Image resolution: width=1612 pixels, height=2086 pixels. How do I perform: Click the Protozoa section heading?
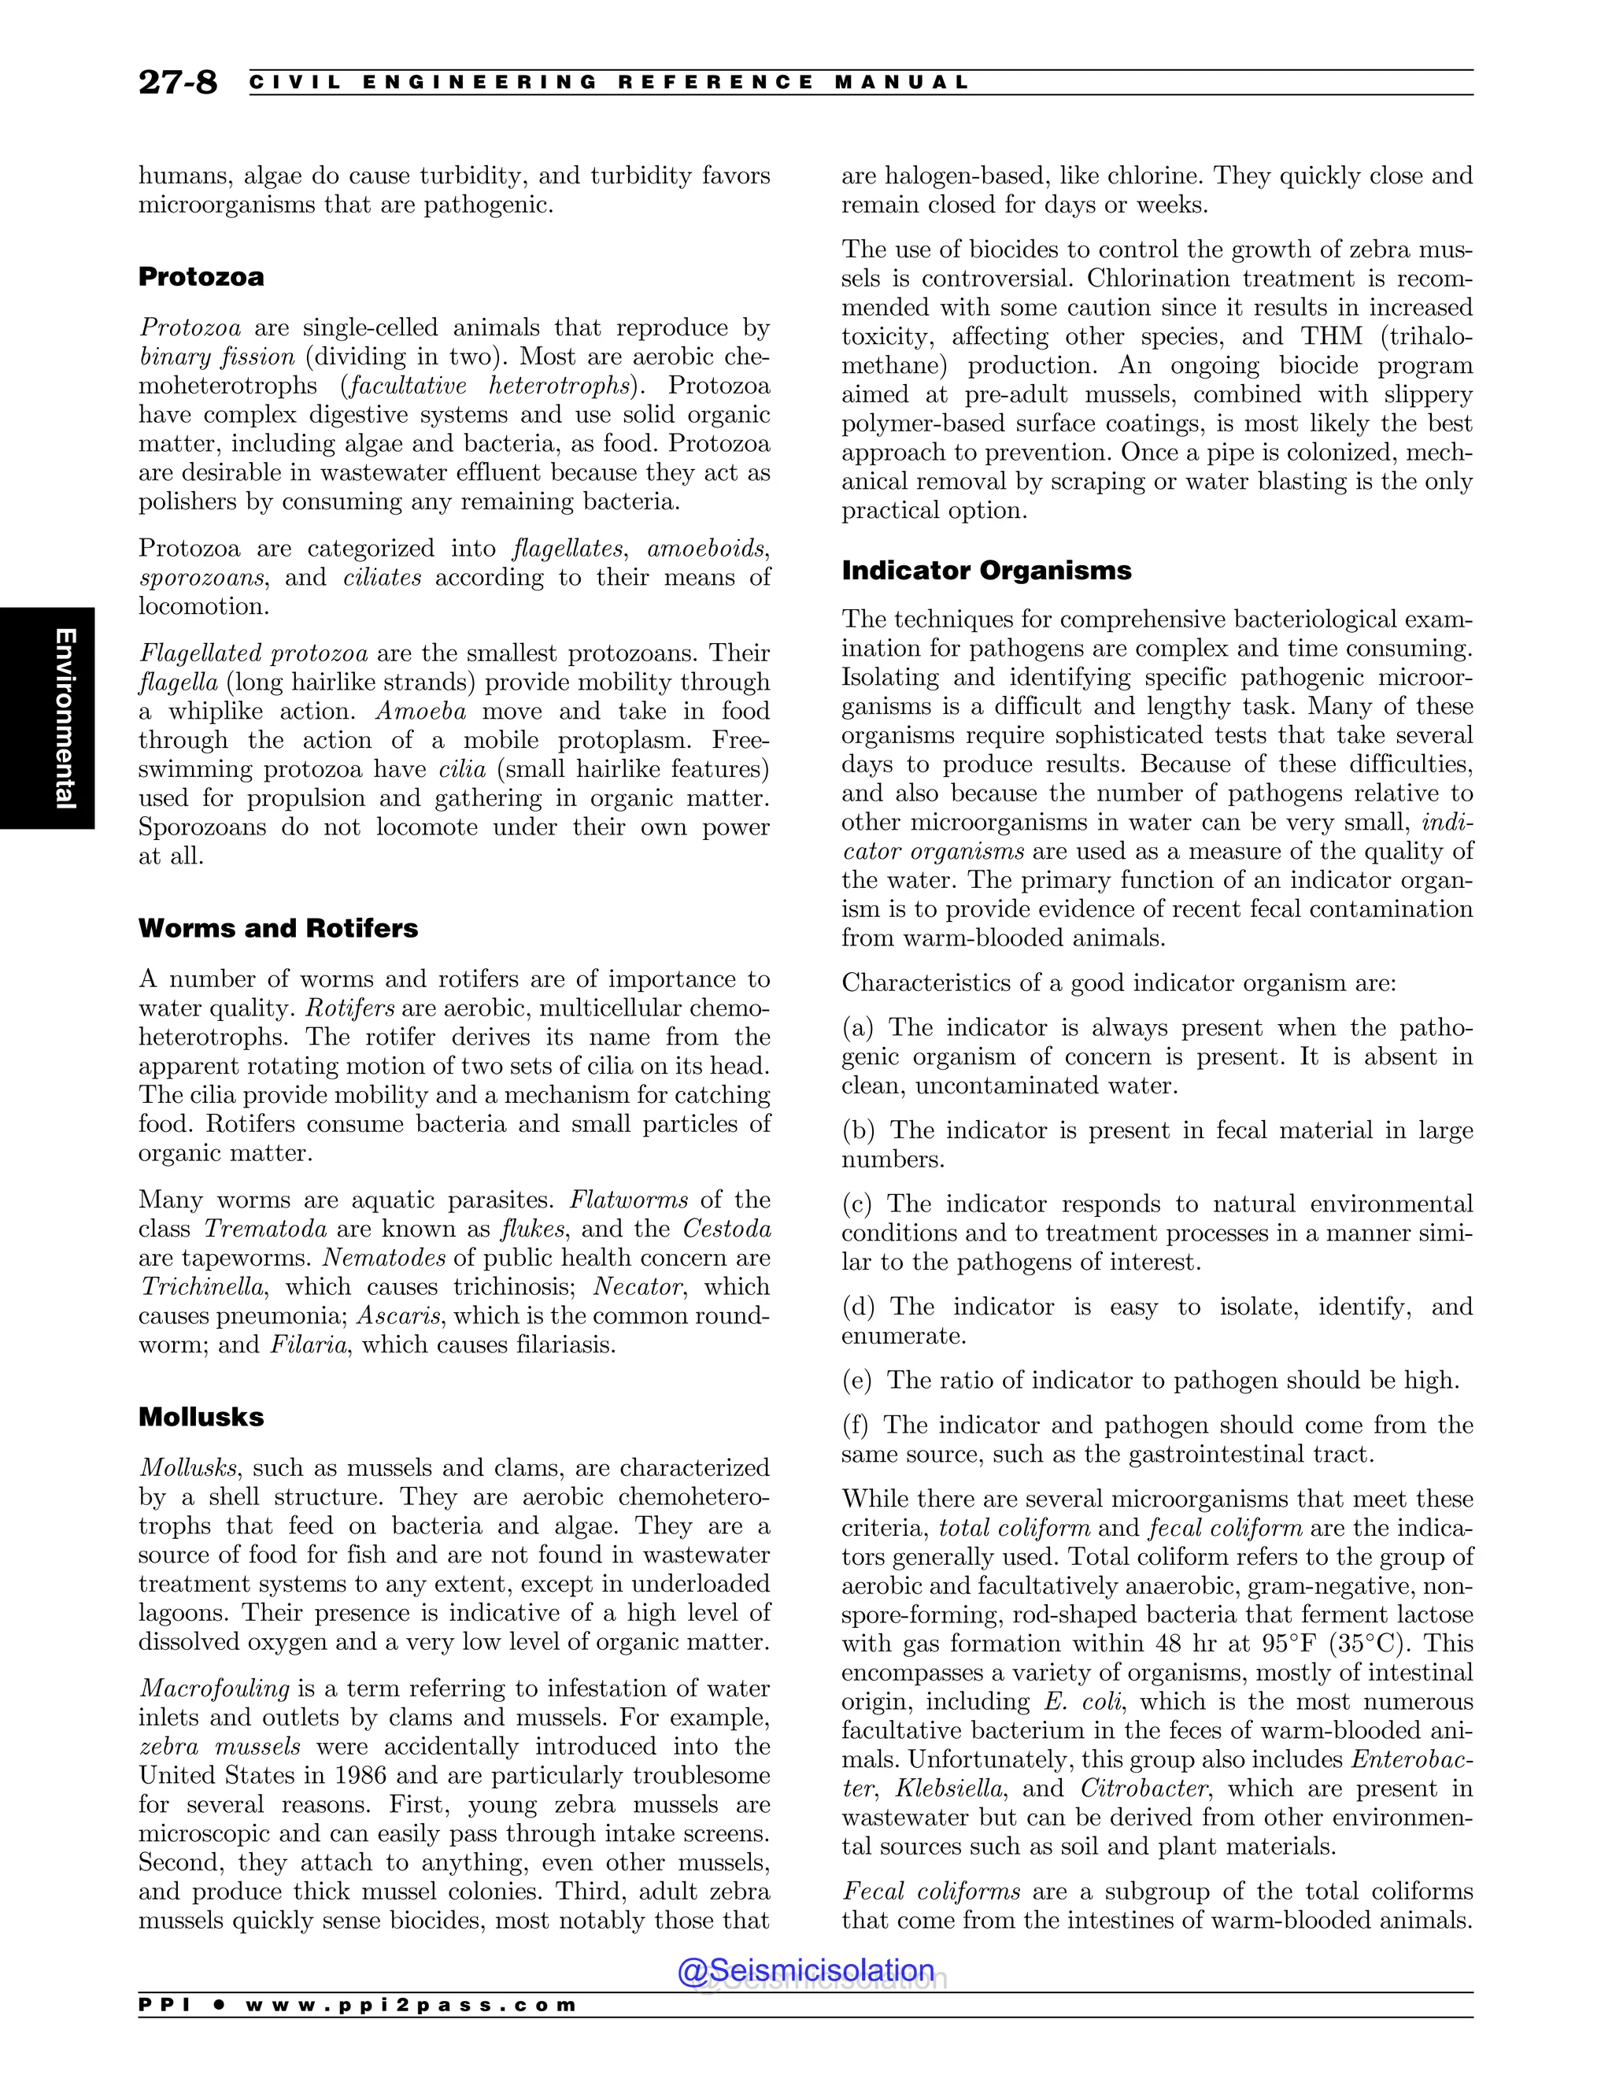point(201,277)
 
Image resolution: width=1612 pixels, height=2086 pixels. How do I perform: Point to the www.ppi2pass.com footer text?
point(411,2005)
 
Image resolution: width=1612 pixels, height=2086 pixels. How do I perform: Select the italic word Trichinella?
point(202,1286)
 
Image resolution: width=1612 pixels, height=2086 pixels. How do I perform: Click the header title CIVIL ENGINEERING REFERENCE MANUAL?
point(608,82)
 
